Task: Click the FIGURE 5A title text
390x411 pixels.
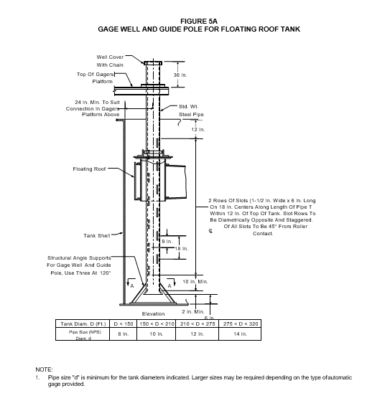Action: point(199,21)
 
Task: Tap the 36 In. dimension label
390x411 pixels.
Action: point(180,75)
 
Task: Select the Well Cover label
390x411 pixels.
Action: point(110,57)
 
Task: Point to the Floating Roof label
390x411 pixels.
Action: point(89,169)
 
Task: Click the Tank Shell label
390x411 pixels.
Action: point(97,236)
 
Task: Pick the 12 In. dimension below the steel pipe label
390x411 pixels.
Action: point(198,130)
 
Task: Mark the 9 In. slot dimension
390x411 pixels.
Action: point(167,242)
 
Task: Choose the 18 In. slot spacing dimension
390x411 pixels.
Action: point(182,248)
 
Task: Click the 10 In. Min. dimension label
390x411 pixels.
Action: point(195,281)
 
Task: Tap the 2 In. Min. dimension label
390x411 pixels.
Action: point(193,311)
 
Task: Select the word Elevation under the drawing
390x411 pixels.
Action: point(153,313)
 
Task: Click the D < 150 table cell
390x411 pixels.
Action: point(124,324)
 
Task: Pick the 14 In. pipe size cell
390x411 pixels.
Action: point(240,334)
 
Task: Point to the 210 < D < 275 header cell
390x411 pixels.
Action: point(198,324)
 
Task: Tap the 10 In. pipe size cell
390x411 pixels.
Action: point(157,334)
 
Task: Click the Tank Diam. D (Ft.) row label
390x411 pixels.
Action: point(83,324)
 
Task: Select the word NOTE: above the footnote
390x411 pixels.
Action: point(44,369)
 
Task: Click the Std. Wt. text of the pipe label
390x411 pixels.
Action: point(189,107)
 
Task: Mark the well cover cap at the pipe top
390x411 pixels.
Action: point(153,63)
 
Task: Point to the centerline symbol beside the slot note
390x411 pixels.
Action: point(210,231)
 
